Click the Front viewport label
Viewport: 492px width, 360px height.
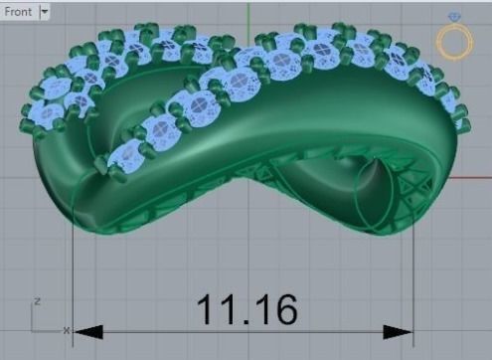[x=18, y=12]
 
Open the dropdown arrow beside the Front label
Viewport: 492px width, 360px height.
[x=45, y=12]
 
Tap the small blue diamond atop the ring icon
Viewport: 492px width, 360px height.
[x=455, y=18]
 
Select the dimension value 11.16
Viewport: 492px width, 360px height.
[x=246, y=309]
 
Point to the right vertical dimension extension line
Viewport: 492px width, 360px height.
[x=413, y=278]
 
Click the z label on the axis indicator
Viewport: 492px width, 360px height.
[x=37, y=300]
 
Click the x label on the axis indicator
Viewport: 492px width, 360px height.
[x=66, y=329]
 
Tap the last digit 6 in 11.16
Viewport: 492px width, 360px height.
[x=282, y=309]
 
